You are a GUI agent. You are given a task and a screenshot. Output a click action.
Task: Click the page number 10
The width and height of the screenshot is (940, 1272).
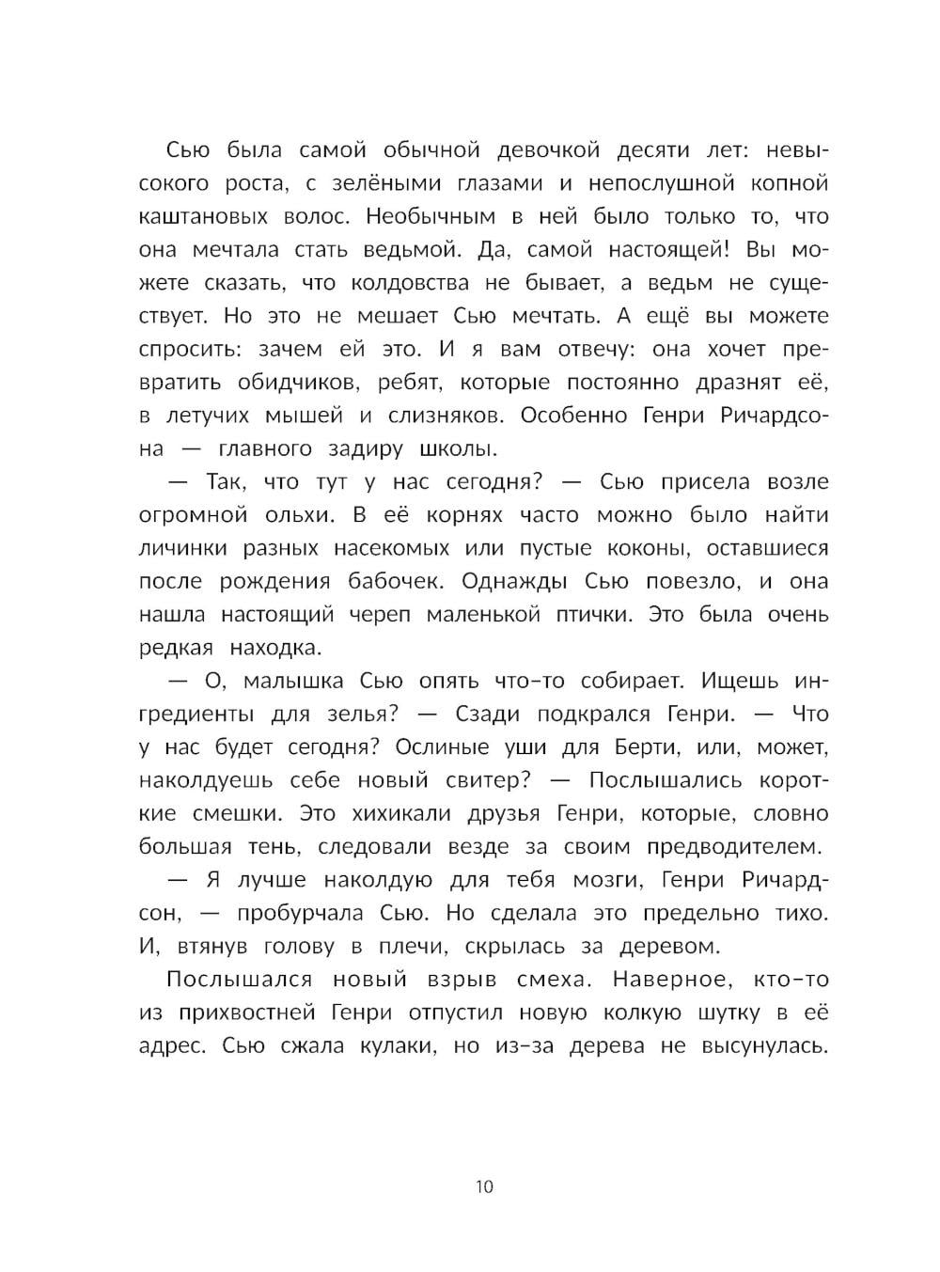click(484, 1186)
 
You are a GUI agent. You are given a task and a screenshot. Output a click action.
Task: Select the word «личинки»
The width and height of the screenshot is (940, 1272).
click(180, 548)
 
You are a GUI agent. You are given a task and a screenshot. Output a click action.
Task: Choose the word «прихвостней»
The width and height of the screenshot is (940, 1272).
click(243, 1013)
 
